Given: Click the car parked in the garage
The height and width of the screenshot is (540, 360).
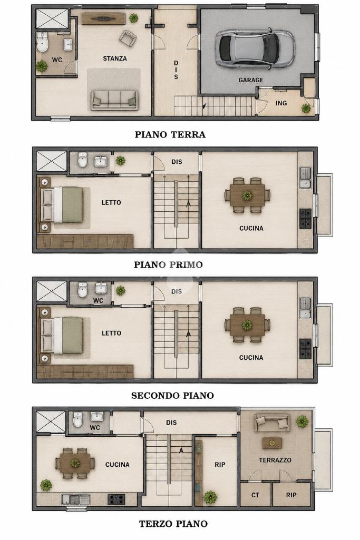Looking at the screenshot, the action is [255, 48].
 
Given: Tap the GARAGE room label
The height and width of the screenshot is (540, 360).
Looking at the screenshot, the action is [251, 80].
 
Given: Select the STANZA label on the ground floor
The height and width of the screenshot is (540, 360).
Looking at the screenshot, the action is [115, 58].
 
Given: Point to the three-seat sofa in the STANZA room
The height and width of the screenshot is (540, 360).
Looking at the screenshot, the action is [115, 100].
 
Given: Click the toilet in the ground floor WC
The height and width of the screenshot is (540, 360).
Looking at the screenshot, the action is [42, 42].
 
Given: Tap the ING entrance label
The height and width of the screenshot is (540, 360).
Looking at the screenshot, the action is [281, 103].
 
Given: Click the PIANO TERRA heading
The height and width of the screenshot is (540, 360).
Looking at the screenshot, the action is [170, 134].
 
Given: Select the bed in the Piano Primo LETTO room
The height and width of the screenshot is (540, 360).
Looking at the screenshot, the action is [62, 205].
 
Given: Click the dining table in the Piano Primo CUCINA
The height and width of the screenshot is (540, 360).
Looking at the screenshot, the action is [247, 195].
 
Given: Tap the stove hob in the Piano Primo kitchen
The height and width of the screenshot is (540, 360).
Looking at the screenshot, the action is [305, 218].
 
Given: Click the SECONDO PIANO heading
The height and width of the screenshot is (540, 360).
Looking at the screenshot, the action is [172, 395].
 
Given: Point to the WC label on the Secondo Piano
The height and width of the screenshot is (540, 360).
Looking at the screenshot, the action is [98, 301].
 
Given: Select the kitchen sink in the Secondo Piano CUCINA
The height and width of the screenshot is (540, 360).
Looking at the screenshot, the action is [305, 308].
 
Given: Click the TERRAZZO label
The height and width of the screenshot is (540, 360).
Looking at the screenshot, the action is [275, 460].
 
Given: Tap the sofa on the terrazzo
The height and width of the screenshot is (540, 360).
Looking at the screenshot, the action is [271, 423].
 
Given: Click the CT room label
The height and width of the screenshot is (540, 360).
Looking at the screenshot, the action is [255, 495].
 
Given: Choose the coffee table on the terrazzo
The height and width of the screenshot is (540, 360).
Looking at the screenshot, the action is [272, 443].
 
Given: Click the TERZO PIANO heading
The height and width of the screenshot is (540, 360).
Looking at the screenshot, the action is [173, 524].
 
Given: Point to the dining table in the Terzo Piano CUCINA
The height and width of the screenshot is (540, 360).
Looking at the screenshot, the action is [75, 463].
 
